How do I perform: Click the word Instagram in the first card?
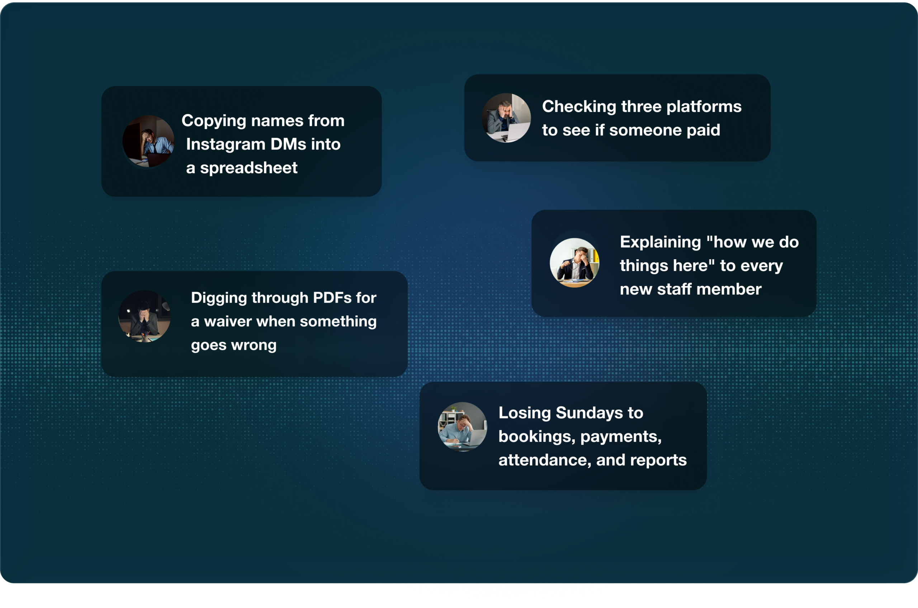tap(226, 144)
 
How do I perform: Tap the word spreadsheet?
tap(249, 168)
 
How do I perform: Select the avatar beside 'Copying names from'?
tap(148, 141)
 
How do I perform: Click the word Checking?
tap(579, 106)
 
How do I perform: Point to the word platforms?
tap(704, 106)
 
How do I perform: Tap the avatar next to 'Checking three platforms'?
tap(506, 118)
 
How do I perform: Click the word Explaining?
tap(661, 242)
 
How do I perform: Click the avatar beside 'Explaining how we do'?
tap(574, 263)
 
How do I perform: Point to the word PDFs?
tap(332, 298)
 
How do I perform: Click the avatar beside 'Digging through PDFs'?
tap(144, 317)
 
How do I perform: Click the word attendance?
tap(545, 460)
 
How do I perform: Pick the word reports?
tap(658, 460)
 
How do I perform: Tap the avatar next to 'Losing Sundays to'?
tap(462, 427)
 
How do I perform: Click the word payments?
tap(621, 436)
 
